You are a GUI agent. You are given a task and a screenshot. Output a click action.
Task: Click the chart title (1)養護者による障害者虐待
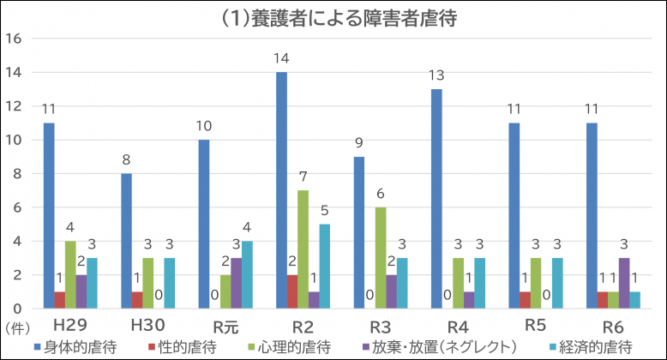[334, 19]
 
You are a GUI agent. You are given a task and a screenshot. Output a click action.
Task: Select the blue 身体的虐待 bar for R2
[281, 190]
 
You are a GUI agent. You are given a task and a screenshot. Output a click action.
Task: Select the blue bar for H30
[126, 241]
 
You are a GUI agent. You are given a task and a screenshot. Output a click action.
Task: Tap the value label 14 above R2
[281, 58]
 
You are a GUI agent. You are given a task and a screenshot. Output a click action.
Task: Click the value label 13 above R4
[437, 75]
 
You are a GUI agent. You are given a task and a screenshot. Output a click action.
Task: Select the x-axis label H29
[71, 327]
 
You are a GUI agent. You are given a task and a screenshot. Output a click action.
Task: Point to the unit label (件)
[16, 327]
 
